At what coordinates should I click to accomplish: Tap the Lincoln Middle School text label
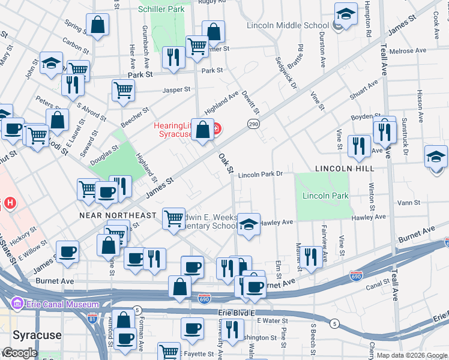point(288,25)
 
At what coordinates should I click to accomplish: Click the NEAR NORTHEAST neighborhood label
point(118,215)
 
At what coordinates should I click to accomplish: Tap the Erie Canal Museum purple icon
point(17,304)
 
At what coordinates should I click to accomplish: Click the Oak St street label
point(225,162)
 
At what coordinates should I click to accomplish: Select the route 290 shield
point(252,123)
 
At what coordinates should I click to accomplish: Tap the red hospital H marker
point(9,203)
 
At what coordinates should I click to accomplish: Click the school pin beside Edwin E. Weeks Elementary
point(248,224)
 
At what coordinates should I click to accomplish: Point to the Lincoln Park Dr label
point(260,175)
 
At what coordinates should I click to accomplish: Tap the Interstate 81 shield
point(92,317)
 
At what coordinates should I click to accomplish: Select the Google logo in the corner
point(20,353)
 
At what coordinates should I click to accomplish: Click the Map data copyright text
point(412,355)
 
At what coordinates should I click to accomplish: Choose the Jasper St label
point(177,89)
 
